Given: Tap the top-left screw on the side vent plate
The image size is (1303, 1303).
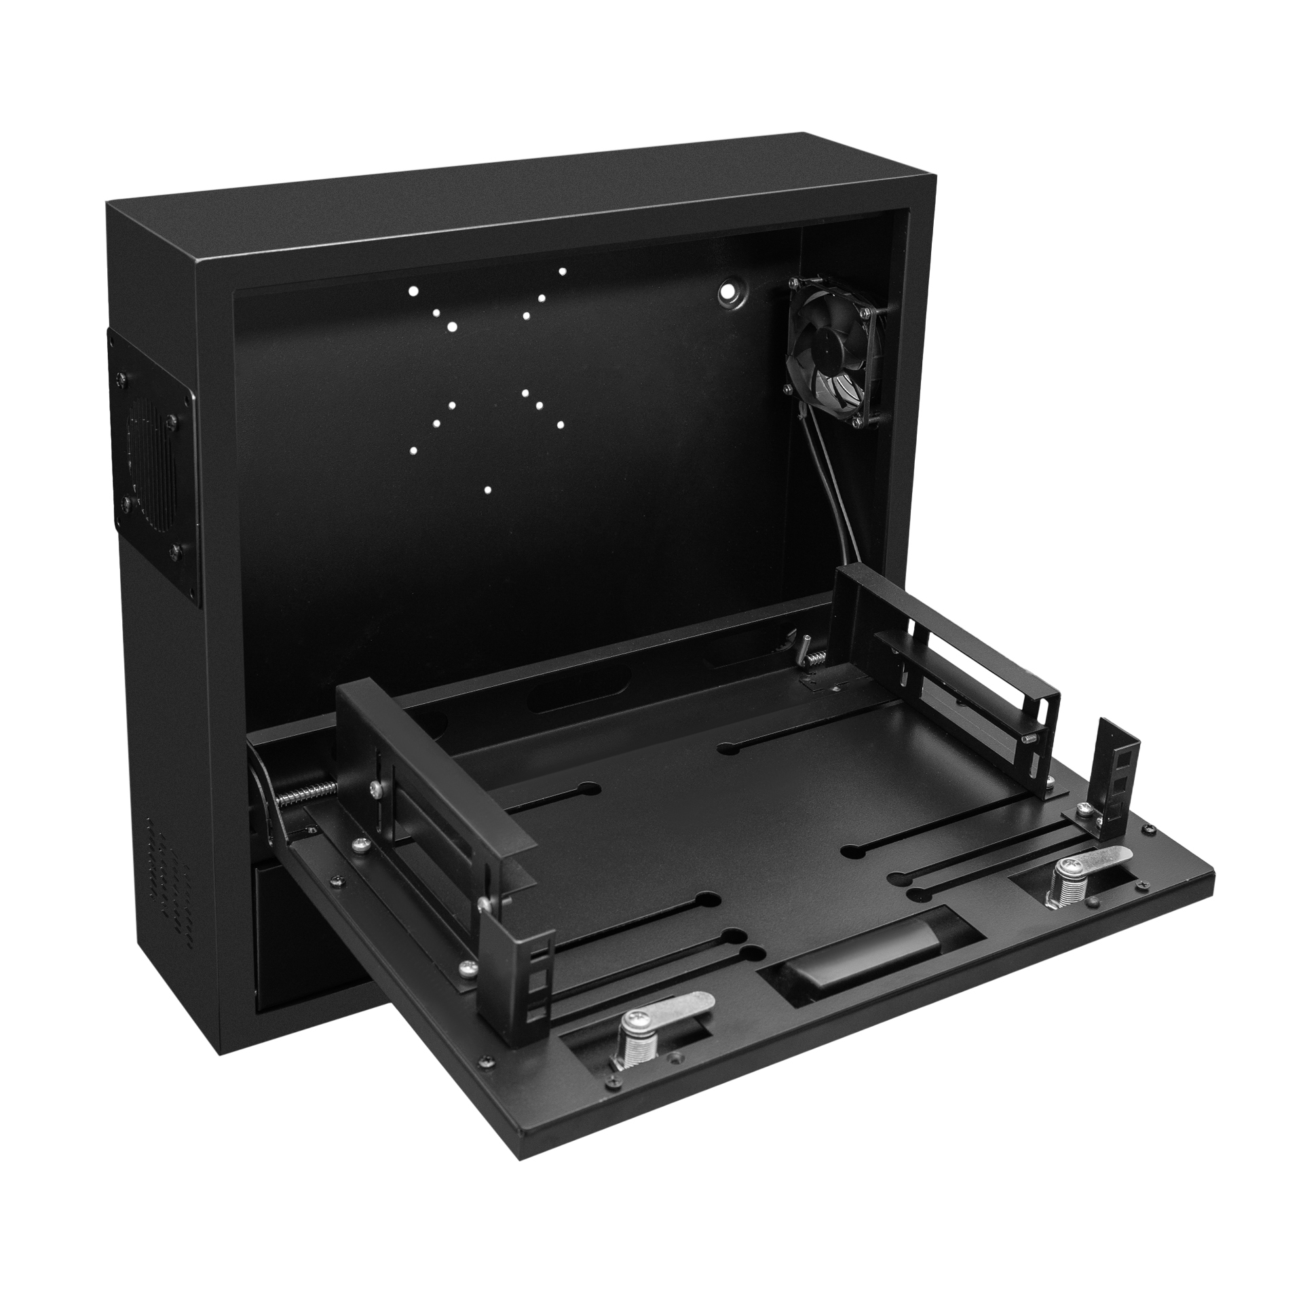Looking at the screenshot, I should (x=122, y=377).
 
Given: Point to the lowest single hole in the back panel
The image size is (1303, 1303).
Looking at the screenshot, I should (x=487, y=489).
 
